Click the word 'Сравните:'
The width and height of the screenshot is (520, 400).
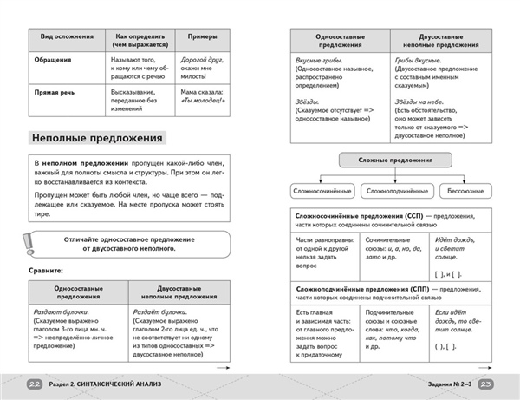45,272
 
